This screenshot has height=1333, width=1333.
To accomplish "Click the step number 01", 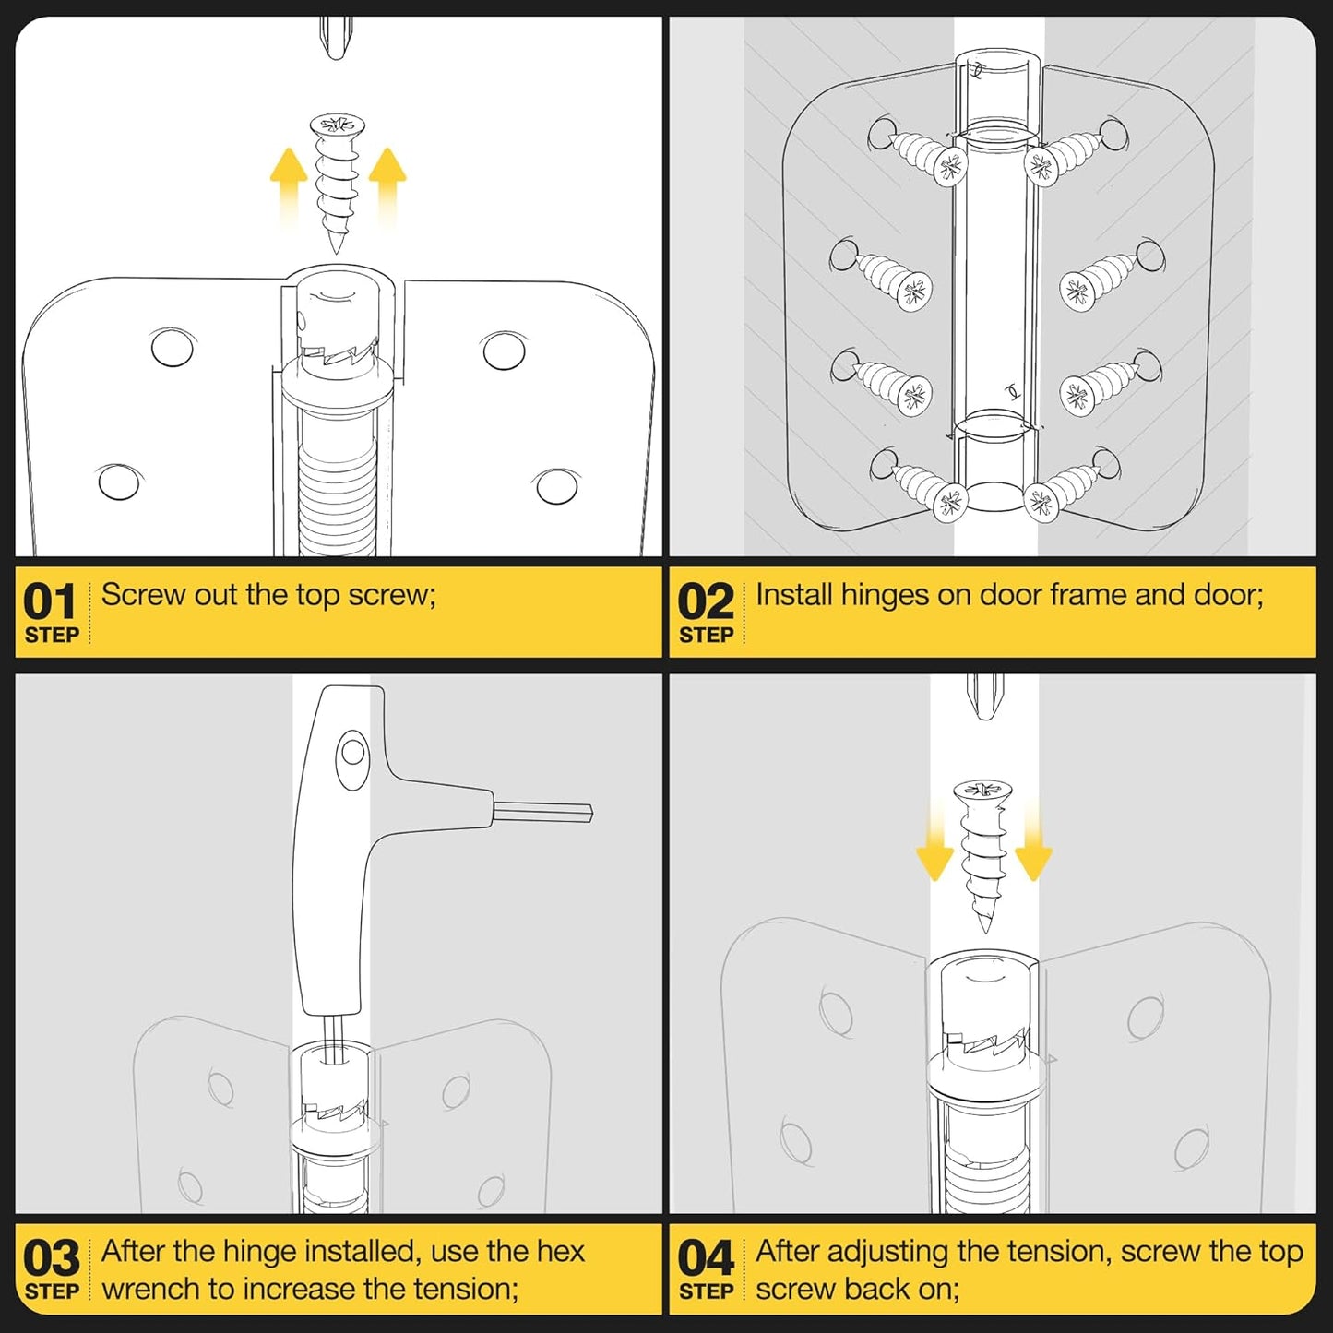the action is pos(49,601).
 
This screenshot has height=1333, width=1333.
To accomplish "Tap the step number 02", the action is pos(706,601).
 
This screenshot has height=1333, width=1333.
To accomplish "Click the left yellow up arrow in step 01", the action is pos(289,185).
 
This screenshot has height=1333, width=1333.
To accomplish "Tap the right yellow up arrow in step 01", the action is pos(387,185).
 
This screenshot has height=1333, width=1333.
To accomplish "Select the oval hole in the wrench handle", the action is pos(352,759).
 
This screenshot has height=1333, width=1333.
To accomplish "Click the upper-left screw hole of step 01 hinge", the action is pos(173,348).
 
